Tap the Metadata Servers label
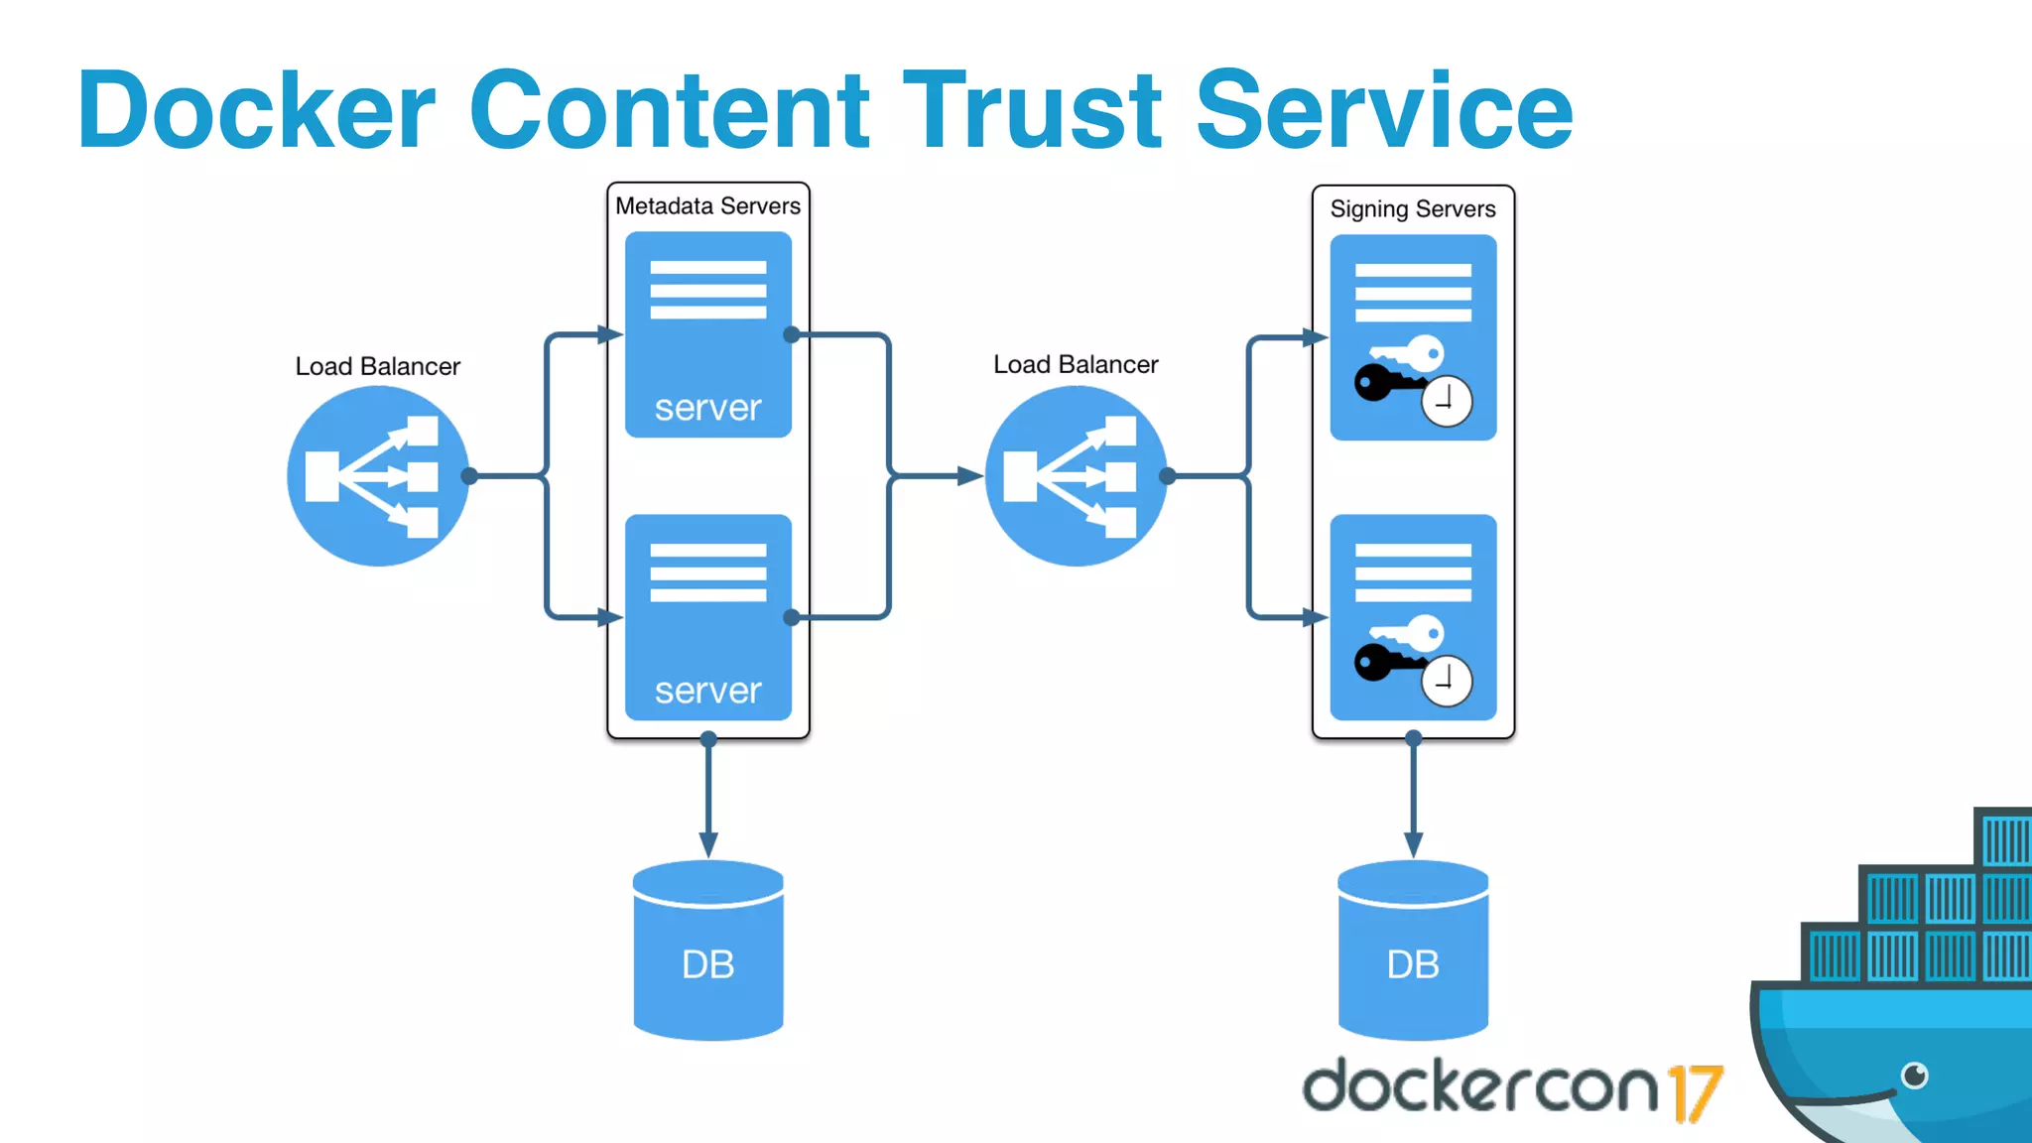(x=707, y=205)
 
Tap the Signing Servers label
(x=1413, y=208)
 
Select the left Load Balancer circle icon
(x=377, y=476)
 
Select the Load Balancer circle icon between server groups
(x=1076, y=476)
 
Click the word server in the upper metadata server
(x=707, y=408)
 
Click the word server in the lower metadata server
(x=707, y=691)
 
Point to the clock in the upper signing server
(x=1446, y=401)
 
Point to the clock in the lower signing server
(x=1446, y=681)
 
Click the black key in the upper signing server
(x=1382, y=382)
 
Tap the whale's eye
(x=1914, y=1075)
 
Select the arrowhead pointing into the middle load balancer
(x=969, y=476)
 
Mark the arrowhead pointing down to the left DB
(x=708, y=844)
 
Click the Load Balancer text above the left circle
(x=377, y=366)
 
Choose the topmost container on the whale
(x=2005, y=838)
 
